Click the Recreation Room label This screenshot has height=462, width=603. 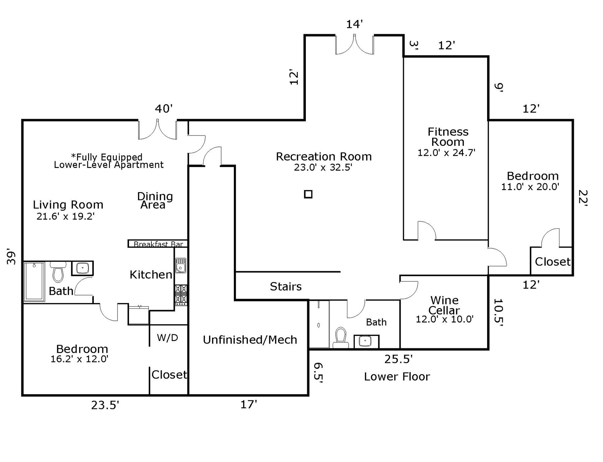[x=324, y=157]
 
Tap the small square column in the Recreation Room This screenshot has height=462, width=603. [x=308, y=194]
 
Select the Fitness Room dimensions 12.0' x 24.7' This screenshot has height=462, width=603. [x=446, y=153]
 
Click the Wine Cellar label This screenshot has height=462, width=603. [x=445, y=305]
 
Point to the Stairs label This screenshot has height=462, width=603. [x=286, y=286]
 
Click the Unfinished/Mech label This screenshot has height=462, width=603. [x=250, y=340]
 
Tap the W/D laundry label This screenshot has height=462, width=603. [x=167, y=338]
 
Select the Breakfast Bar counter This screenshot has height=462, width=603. [x=158, y=244]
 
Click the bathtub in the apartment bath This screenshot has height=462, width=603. [x=35, y=282]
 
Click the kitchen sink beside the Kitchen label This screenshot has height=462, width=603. [x=181, y=266]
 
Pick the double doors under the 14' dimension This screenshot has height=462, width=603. [x=354, y=45]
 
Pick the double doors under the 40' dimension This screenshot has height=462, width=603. [x=157, y=130]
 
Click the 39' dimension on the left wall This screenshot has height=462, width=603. [x=12, y=257]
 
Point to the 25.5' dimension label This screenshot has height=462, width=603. [x=398, y=359]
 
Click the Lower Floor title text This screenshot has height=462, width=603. [x=397, y=377]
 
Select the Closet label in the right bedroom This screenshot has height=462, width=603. [x=552, y=262]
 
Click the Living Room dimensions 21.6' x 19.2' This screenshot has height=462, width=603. [x=66, y=216]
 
